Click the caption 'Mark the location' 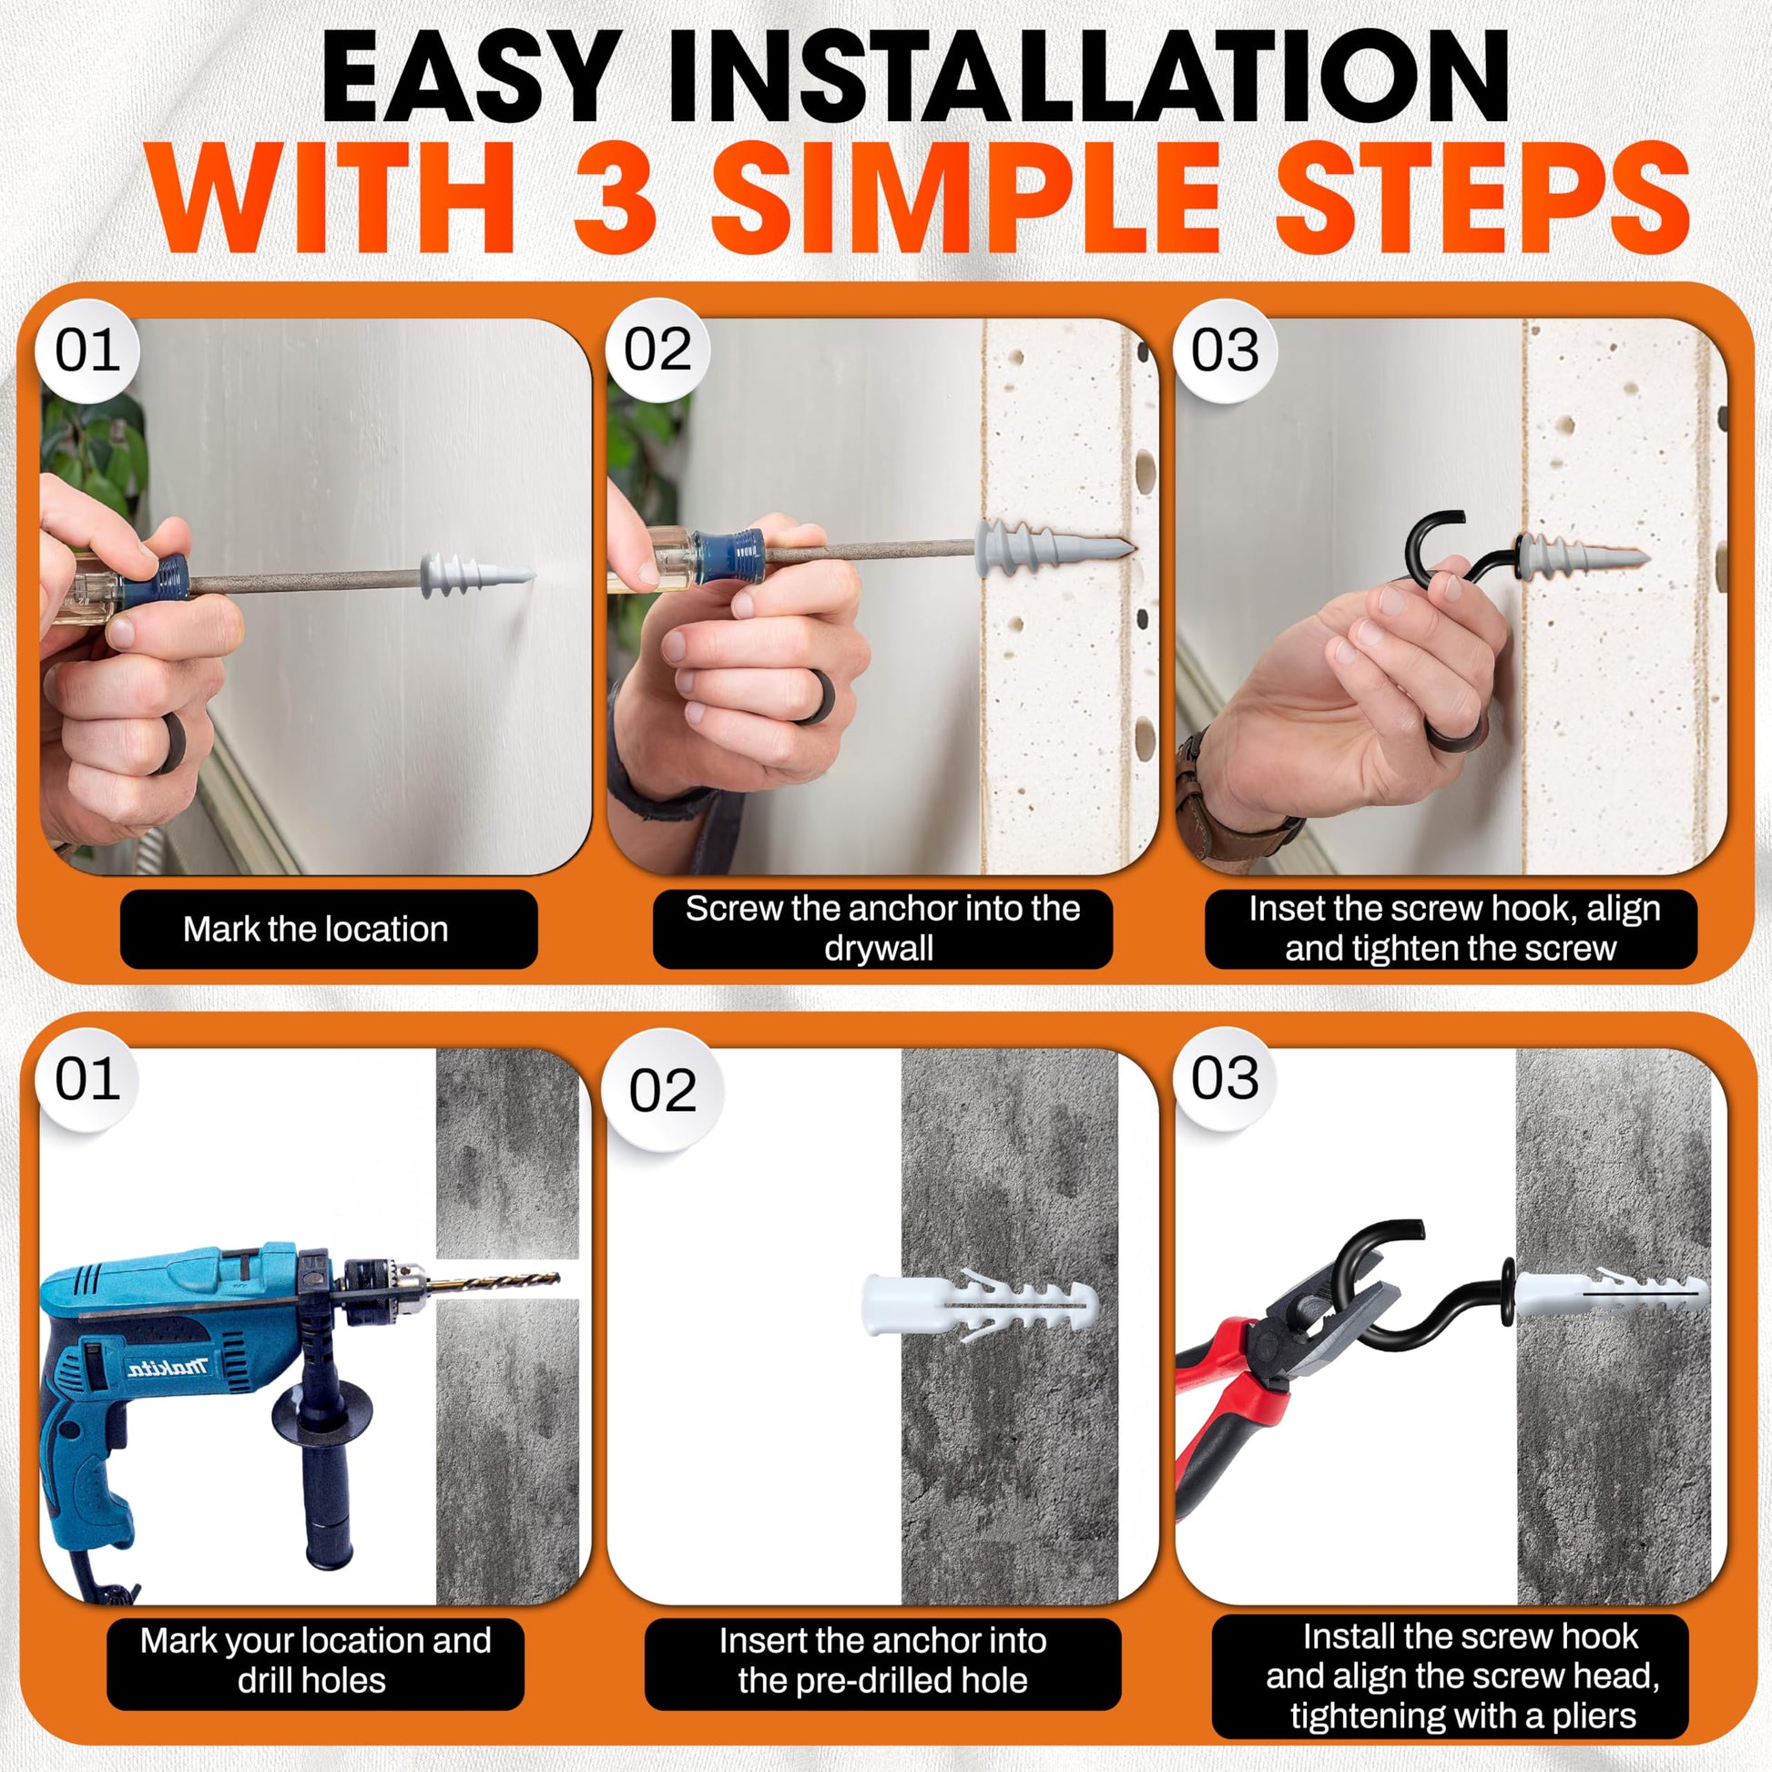coord(315,929)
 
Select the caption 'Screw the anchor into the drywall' coord(882,928)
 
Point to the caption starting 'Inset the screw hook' coord(1452,928)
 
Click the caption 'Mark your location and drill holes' coord(314,1659)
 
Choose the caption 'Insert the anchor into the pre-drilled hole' coord(882,1659)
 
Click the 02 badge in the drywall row coord(657,350)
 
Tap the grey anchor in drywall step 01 coord(476,575)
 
